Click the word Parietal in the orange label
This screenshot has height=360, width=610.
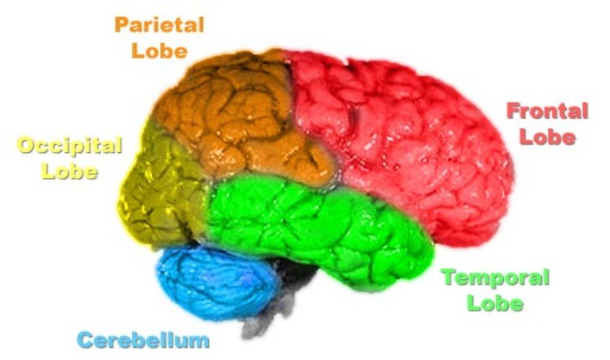159,23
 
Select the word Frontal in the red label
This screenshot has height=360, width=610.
547,111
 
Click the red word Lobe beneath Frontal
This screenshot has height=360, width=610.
548,137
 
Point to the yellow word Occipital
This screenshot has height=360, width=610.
70,146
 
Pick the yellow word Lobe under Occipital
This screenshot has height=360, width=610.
70,172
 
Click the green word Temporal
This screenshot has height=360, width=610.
495,279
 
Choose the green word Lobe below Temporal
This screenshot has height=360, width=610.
494,304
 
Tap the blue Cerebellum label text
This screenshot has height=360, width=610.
143,340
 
